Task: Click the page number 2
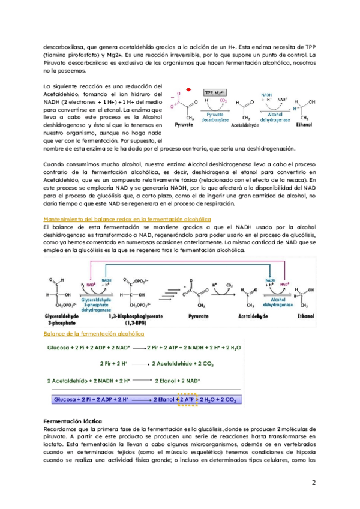pos(314,482)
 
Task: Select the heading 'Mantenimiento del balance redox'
pos(119,220)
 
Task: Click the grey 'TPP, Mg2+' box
pos(215,92)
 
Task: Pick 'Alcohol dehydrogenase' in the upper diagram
pos(274,115)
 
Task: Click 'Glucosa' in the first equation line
pos(59,348)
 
